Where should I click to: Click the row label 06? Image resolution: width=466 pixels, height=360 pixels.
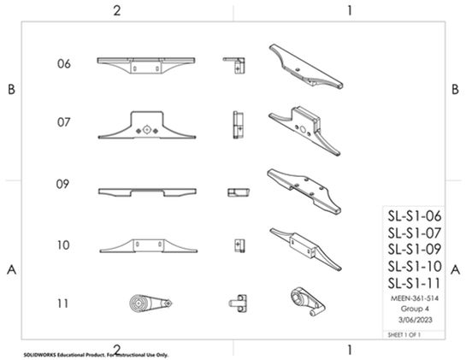pyautogui.click(x=64, y=63)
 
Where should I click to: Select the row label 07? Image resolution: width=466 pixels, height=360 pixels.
pyautogui.click(x=64, y=122)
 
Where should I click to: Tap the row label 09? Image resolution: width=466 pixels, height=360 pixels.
pyautogui.click(x=62, y=184)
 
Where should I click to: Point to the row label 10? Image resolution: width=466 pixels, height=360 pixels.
pyautogui.click(x=63, y=245)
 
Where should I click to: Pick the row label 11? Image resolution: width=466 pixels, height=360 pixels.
pyautogui.click(x=62, y=304)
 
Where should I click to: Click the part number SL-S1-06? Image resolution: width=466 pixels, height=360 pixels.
pyautogui.click(x=415, y=215)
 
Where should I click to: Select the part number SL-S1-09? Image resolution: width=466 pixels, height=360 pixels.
pyautogui.click(x=415, y=249)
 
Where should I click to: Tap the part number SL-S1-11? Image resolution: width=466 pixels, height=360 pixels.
pyautogui.click(x=414, y=283)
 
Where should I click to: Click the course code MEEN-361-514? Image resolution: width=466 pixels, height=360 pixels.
pyautogui.click(x=415, y=298)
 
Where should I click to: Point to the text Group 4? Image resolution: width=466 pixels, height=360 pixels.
pyautogui.click(x=415, y=309)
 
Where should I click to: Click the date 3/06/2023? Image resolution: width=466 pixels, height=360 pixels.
pyautogui.click(x=416, y=320)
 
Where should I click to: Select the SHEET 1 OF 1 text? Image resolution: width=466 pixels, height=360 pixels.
pyautogui.click(x=404, y=334)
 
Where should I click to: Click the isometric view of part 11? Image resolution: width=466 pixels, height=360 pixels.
pyautogui.click(x=308, y=302)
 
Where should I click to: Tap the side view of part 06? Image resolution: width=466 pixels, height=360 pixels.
pyautogui.click(x=234, y=65)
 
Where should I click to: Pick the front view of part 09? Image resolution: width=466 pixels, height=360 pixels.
pyautogui.click(x=147, y=192)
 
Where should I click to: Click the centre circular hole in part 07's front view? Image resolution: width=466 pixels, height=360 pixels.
pyautogui.click(x=146, y=130)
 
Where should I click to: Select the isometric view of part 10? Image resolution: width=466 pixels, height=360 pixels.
pyautogui.click(x=305, y=249)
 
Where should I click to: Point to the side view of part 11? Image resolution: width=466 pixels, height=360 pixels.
pyautogui.click(x=238, y=304)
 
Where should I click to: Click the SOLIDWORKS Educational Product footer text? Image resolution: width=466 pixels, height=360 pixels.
pyautogui.click(x=96, y=355)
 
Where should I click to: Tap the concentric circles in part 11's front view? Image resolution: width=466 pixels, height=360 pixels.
pyautogui.click(x=139, y=304)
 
